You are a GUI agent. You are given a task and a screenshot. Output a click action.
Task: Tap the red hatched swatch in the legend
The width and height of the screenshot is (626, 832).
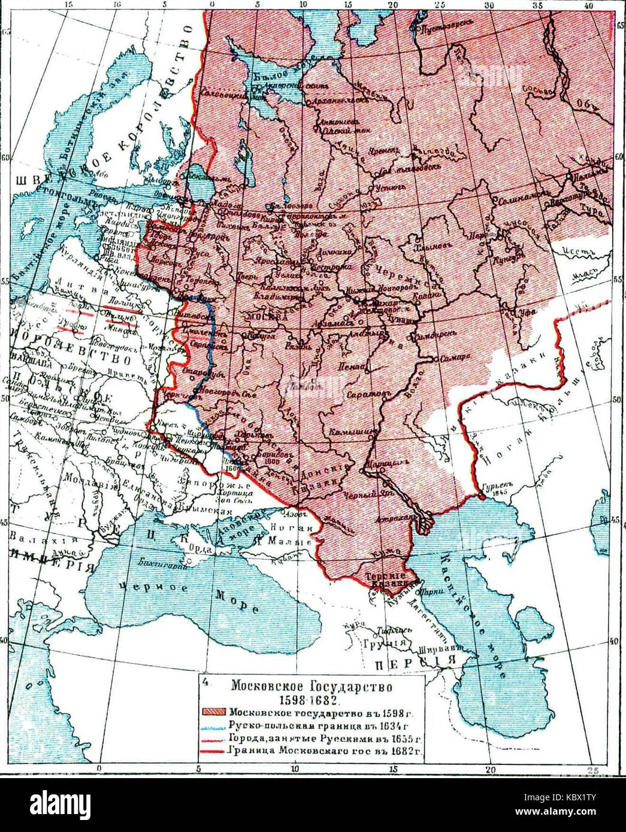click(214, 713)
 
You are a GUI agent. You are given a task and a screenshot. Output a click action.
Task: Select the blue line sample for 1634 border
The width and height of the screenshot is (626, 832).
click(214, 725)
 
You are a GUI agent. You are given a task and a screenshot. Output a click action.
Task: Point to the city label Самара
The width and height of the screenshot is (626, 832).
click(452, 360)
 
